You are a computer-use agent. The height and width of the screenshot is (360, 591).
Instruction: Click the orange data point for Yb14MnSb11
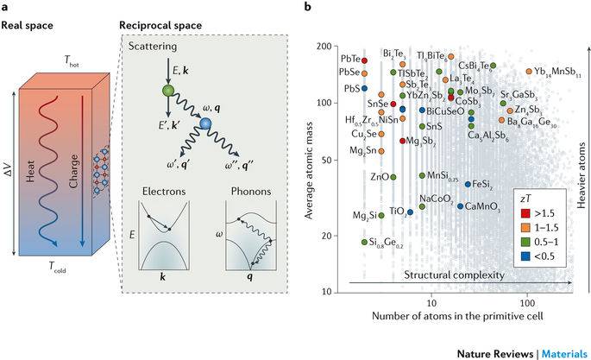coord(529,72)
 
